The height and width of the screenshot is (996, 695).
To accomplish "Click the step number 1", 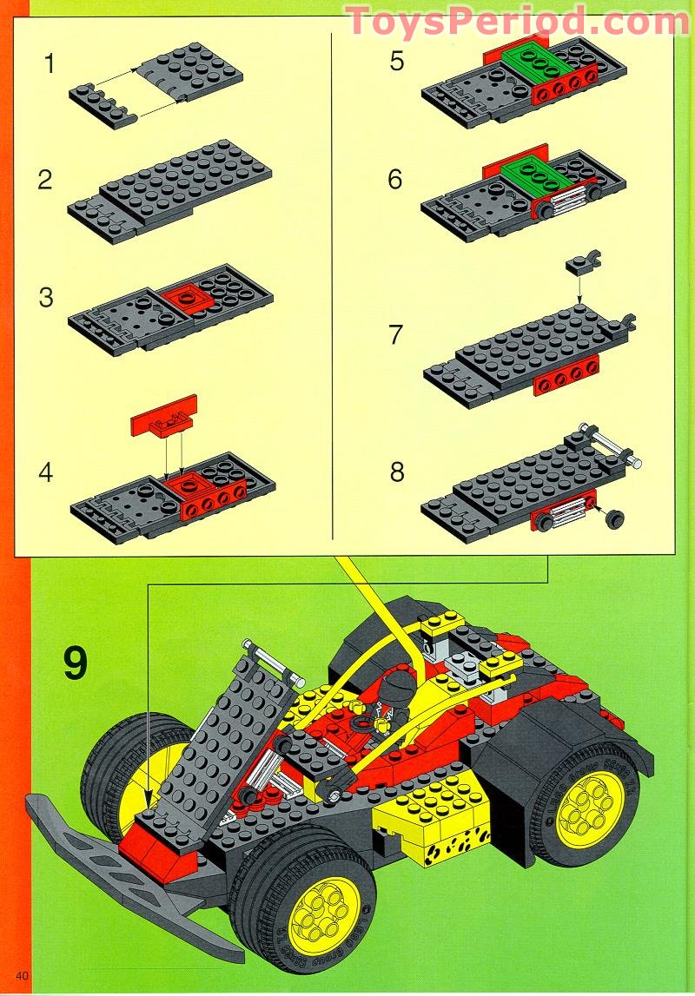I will pos(50,63).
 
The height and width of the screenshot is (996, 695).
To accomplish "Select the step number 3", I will pos(46,297).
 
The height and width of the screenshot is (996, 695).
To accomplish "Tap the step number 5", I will pos(397,63).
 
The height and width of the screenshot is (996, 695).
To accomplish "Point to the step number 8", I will pos(397,472).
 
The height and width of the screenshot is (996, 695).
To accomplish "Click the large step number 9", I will pos(75,663).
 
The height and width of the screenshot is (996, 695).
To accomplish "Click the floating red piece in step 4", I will pos(164,416).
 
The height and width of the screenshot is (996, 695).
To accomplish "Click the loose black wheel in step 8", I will pos(617,519).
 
